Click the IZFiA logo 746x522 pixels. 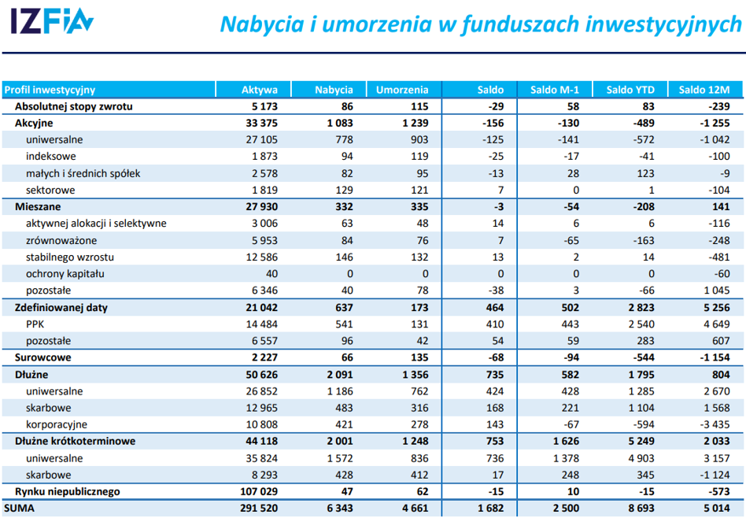pyautogui.click(x=52, y=21)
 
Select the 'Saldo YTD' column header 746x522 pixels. pyautogui.click(x=630, y=90)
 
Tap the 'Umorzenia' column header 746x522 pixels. pyautogui.click(x=402, y=90)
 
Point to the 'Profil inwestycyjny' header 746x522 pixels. pyautogui.click(x=50, y=90)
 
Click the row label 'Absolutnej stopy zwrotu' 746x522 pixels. pyautogui.click(x=74, y=106)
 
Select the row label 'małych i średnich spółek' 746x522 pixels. pyautogui.click(x=83, y=174)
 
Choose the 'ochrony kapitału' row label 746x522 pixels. pyautogui.click(x=65, y=274)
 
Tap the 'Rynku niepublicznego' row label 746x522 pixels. pyautogui.click(x=68, y=491)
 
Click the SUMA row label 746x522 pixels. pyautogui.click(x=19, y=508)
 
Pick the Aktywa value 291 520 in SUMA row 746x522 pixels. pyautogui.click(x=259, y=508)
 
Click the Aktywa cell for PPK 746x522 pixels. pyautogui.click(x=262, y=324)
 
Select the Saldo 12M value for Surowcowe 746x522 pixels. pyautogui.click(x=715, y=357)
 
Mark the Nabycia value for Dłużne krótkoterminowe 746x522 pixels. pyautogui.click(x=340, y=441)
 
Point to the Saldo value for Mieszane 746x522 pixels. pyautogui.click(x=497, y=207)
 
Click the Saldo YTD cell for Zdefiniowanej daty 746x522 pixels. pyautogui.click(x=641, y=307)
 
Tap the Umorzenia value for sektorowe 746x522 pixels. pyautogui.click(x=419, y=191)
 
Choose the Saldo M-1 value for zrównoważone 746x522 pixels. pyautogui.click(x=571, y=241)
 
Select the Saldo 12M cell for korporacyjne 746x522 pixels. pyautogui.click(x=715, y=424)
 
